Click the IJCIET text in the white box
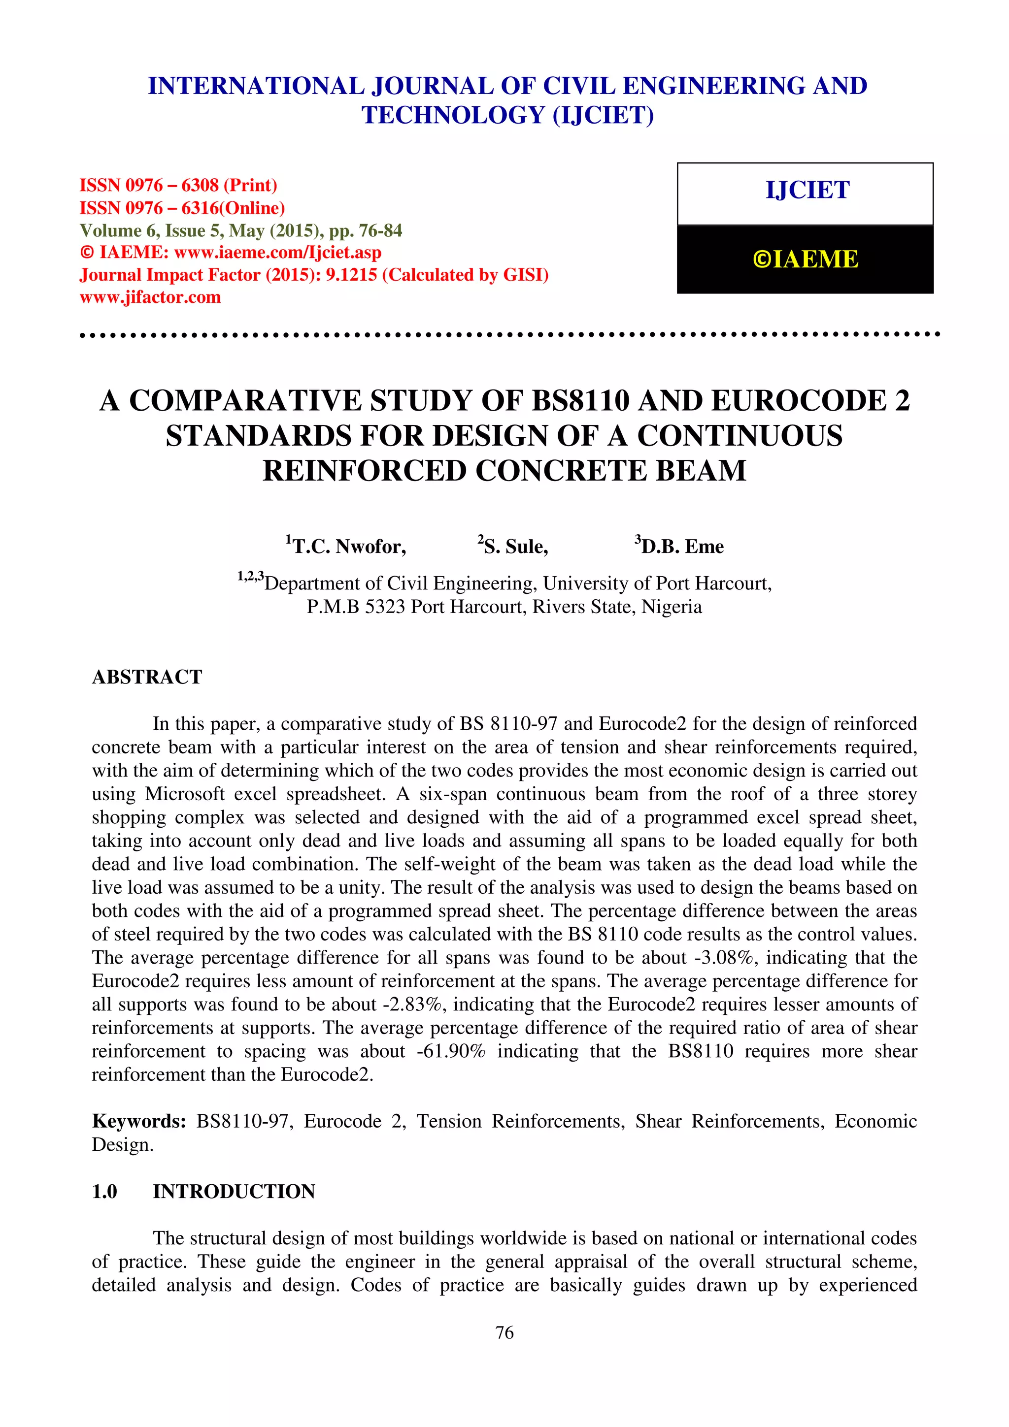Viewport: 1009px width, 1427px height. [x=807, y=190]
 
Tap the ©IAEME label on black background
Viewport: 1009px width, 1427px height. [x=805, y=259]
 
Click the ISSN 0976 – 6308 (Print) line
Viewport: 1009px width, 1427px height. [x=178, y=185]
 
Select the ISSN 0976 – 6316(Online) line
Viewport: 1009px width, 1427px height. [x=181, y=208]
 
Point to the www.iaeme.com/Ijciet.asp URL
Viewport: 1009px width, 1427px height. [x=277, y=252]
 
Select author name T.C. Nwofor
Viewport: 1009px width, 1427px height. [x=346, y=546]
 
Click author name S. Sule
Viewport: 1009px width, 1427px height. [x=513, y=546]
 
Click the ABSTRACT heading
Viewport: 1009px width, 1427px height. [x=147, y=677]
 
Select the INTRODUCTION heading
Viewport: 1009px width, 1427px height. [x=234, y=1192]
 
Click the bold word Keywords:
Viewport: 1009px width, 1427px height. [x=138, y=1121]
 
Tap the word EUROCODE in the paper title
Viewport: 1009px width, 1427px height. [x=798, y=401]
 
